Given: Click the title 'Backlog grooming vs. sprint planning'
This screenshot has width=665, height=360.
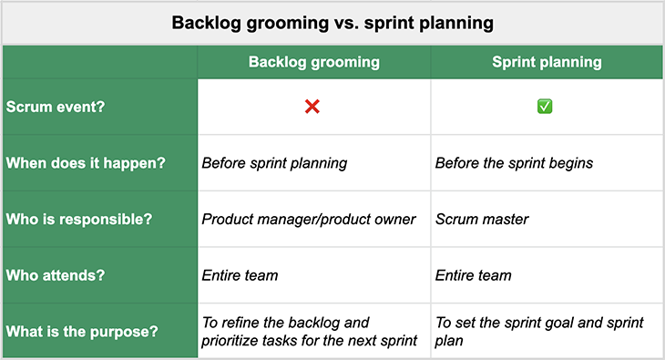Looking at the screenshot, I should [x=332, y=23].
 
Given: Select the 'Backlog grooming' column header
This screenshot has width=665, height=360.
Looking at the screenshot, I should [x=314, y=63].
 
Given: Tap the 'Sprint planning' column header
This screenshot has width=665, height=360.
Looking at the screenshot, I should [x=546, y=63].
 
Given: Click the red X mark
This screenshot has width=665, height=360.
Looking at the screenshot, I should [x=312, y=107].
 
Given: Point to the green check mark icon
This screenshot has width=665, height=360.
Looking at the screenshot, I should [x=545, y=107].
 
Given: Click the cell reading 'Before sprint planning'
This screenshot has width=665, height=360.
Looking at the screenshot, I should [x=274, y=164].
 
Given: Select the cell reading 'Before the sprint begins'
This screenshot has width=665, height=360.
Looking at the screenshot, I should [x=514, y=164].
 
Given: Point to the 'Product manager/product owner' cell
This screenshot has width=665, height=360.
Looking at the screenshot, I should [x=308, y=220].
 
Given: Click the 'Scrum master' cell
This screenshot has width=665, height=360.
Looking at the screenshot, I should [x=481, y=220].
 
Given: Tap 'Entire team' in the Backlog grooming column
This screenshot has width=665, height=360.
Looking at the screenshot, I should [x=240, y=275].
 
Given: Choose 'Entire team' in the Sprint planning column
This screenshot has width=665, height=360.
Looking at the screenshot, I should [x=473, y=275].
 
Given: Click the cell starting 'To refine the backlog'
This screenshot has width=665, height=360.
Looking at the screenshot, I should [x=309, y=331].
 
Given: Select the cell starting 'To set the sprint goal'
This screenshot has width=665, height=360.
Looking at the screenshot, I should [x=539, y=331].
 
